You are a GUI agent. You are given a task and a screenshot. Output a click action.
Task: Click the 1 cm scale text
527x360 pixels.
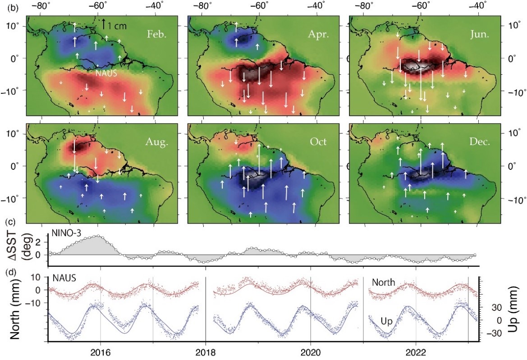point(118,26)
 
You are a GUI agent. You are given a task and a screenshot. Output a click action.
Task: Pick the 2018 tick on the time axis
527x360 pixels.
point(205,354)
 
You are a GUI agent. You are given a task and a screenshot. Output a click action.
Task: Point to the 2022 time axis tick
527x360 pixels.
point(416,354)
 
